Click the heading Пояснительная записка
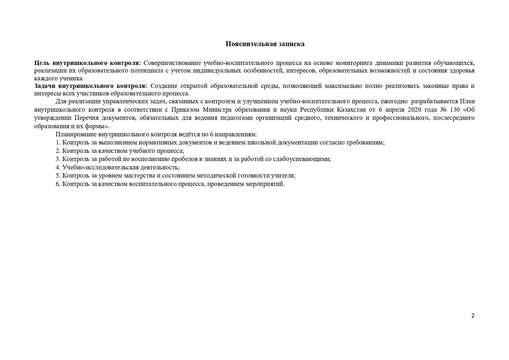(265, 44)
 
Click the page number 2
(473, 316)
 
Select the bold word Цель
(42, 63)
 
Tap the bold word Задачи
(45, 86)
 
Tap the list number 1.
(58, 142)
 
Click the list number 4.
(58, 167)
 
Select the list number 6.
(58, 184)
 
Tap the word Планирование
(76, 134)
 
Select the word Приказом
(185, 110)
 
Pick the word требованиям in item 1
(365, 142)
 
